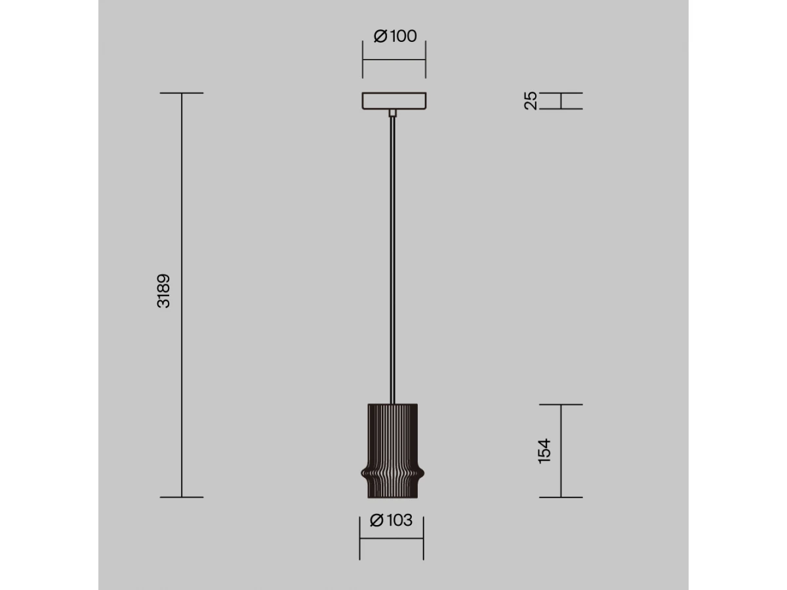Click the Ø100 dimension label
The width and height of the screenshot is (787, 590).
pos(395,36)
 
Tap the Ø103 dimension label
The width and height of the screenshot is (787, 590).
pos(391,520)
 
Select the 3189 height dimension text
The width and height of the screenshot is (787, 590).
pos(163,291)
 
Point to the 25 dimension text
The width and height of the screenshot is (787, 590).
pos(531,101)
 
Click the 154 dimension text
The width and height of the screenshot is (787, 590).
pos(544,452)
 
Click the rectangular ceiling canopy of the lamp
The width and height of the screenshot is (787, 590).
pos(394,101)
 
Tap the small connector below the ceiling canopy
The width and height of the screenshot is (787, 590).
pos(393,113)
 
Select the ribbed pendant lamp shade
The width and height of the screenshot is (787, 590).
pos(393,451)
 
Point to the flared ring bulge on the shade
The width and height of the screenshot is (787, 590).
pos(393,474)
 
